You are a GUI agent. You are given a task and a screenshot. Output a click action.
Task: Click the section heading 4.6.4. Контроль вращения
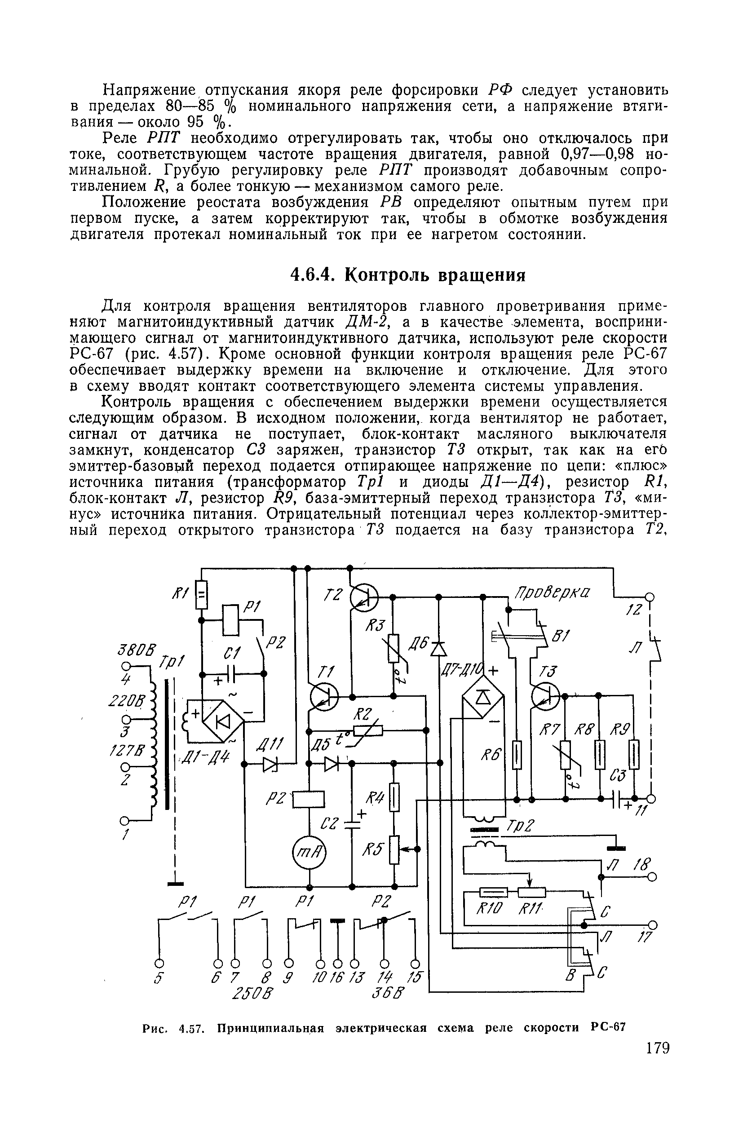(409, 275)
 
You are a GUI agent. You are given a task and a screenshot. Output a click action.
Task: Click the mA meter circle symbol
(309, 853)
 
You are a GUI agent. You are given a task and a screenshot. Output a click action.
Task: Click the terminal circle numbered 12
(650, 597)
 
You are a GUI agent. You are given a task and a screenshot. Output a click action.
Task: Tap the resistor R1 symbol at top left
(202, 594)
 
